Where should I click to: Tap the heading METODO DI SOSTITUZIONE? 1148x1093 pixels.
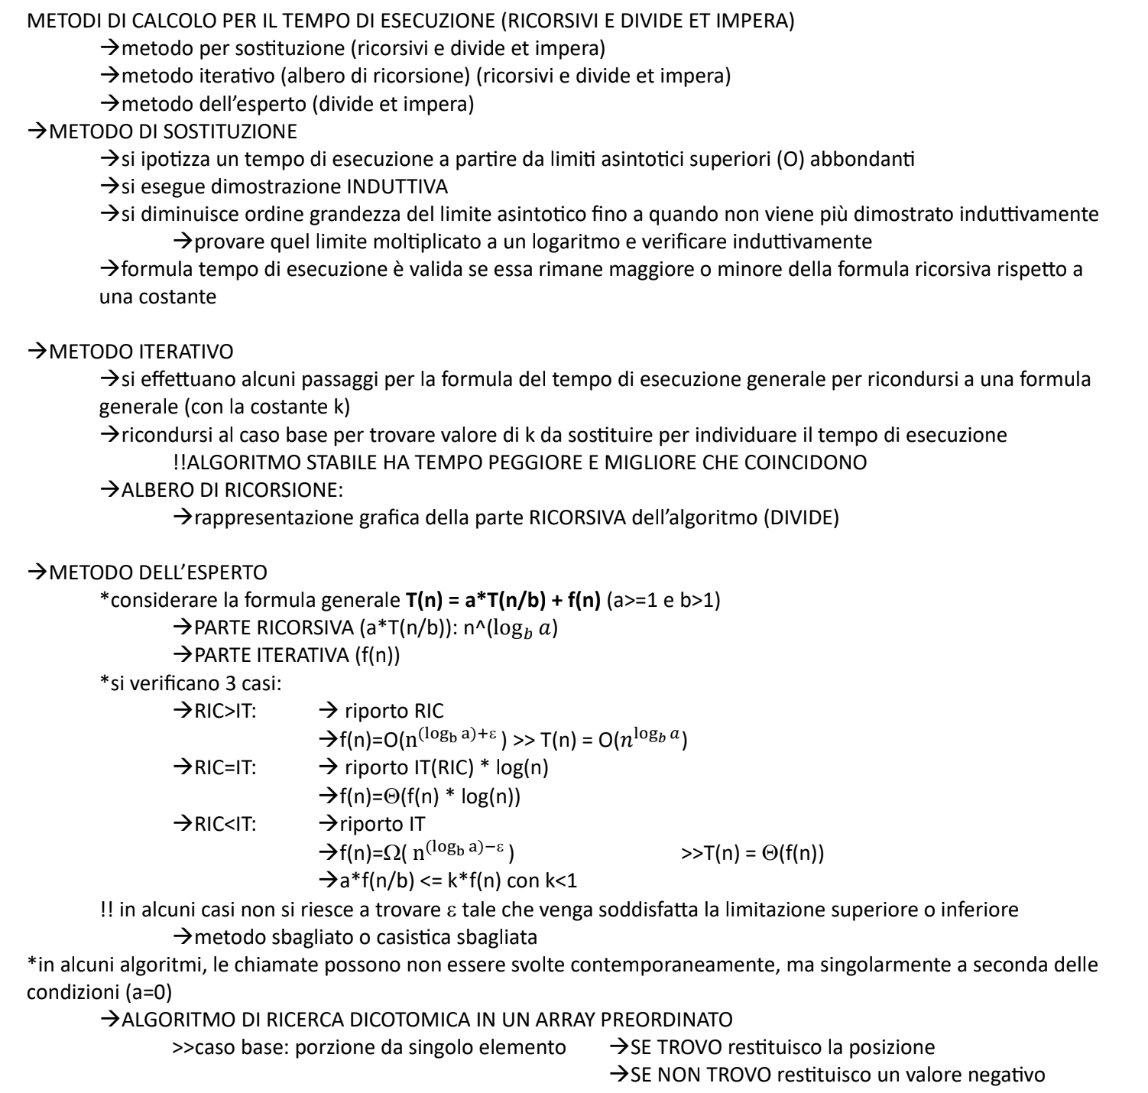pyautogui.click(x=172, y=131)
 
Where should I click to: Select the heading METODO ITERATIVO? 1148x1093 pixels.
pyautogui.click(x=141, y=352)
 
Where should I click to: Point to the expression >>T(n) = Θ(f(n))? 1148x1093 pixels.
pyautogui.click(x=752, y=853)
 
